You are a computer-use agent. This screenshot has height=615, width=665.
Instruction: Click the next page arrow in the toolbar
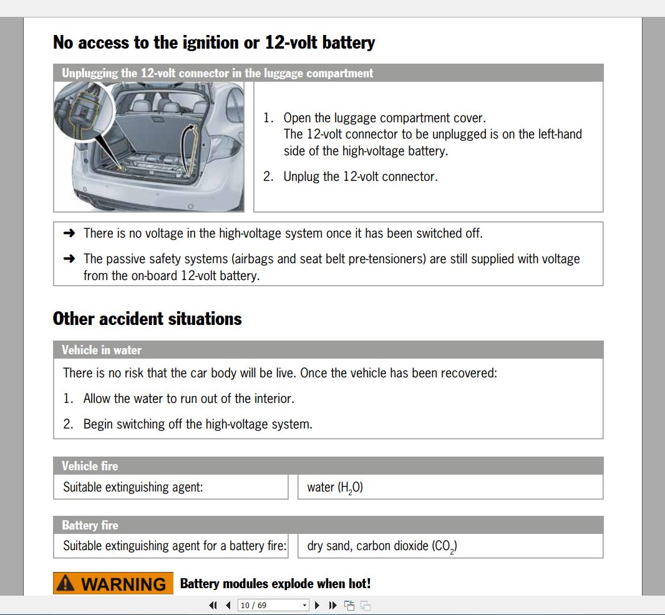(x=318, y=605)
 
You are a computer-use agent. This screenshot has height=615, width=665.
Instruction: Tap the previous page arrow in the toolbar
(x=228, y=605)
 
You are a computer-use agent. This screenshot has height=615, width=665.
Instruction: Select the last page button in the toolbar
(x=332, y=605)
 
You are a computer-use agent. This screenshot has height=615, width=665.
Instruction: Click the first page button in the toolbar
(x=213, y=605)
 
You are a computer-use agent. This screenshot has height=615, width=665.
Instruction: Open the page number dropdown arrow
(x=304, y=605)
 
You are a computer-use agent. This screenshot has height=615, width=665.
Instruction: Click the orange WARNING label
(x=113, y=584)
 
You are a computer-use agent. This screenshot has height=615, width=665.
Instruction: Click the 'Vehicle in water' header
(x=102, y=350)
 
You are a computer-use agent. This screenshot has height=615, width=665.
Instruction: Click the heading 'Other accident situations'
(x=147, y=319)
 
